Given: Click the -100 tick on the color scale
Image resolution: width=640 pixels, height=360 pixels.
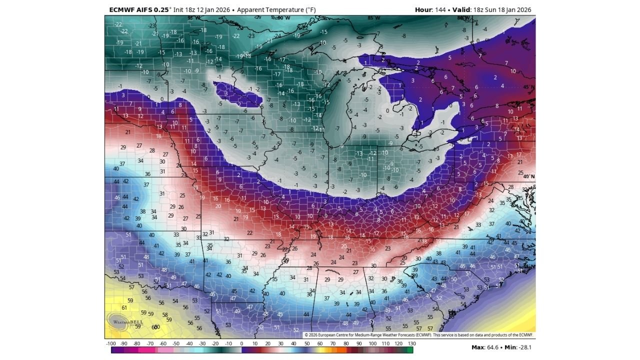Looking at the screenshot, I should click(111, 344).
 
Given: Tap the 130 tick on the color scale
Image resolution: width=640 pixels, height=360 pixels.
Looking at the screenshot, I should click(411, 344).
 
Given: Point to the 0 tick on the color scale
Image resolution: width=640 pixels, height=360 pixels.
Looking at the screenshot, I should click(241, 344).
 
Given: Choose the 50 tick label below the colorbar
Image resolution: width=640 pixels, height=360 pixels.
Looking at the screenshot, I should click(307, 344).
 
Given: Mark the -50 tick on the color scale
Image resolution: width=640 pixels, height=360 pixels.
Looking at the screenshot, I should click(176, 344).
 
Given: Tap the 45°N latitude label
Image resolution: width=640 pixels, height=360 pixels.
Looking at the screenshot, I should click(528, 87).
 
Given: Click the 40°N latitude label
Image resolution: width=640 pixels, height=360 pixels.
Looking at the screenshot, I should click(528, 176).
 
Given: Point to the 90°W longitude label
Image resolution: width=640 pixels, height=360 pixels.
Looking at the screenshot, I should click(283, 18).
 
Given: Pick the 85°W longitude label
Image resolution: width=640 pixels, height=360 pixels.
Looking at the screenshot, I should click(373, 18).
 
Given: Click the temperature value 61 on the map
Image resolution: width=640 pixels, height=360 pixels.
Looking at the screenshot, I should click(124, 307).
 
